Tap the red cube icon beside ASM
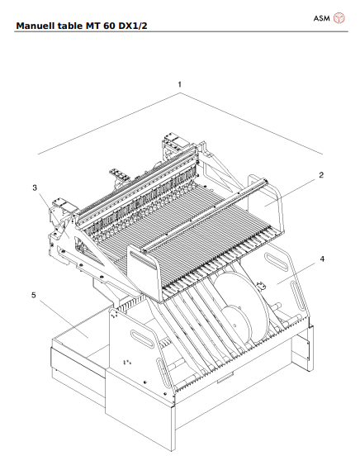[x=339, y=18]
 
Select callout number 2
[x=320, y=174]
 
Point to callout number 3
[x=35, y=188]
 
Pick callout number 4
[x=322, y=259]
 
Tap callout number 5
[x=34, y=294]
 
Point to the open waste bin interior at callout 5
[x=78, y=335]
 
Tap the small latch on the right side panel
[x=263, y=287]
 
